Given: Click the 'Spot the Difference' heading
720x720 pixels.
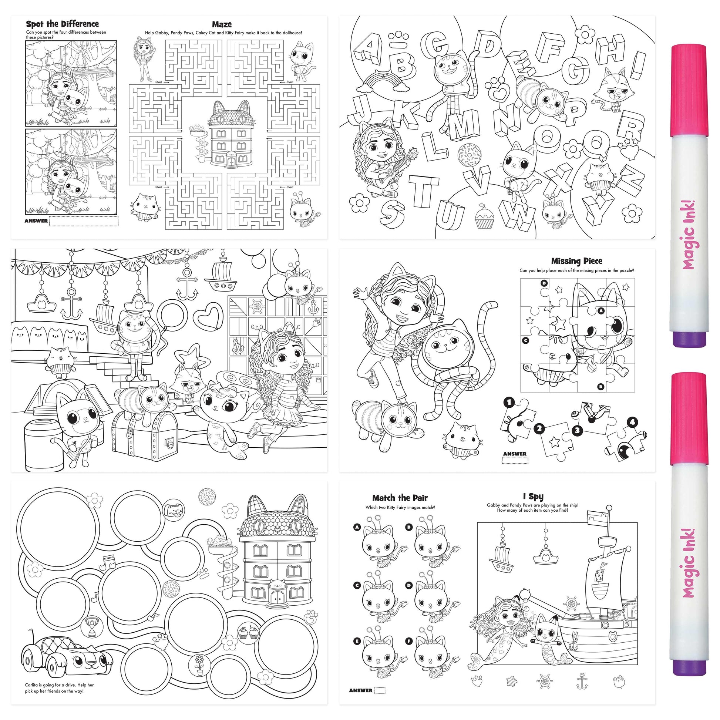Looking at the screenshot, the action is [62, 24].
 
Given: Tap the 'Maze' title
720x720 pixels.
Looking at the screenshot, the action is [222, 24].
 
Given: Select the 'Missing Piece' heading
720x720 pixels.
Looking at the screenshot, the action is [576, 261].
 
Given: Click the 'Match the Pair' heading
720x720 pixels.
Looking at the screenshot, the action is [400, 498].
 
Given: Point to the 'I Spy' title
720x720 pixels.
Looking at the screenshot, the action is [533, 497].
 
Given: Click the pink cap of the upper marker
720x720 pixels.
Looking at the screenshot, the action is [688, 91].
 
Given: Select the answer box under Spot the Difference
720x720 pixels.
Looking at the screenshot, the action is [84, 221].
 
